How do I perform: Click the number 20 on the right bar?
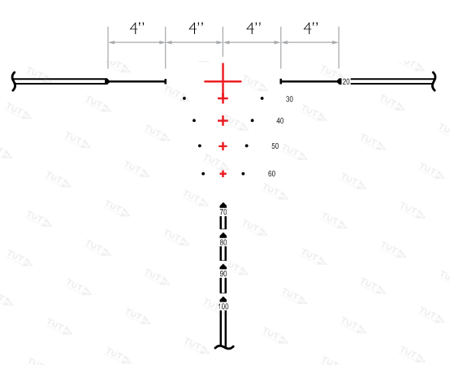(x=346, y=82)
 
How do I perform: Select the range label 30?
(x=289, y=99)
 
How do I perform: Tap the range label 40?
(x=279, y=121)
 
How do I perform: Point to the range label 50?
(x=275, y=146)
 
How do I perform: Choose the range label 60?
(x=271, y=174)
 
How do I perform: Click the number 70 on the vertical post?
(x=223, y=212)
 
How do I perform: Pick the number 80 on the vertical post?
(x=223, y=243)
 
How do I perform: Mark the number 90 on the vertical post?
(x=223, y=274)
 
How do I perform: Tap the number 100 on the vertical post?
(x=223, y=306)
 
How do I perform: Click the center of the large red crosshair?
(x=223, y=81)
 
